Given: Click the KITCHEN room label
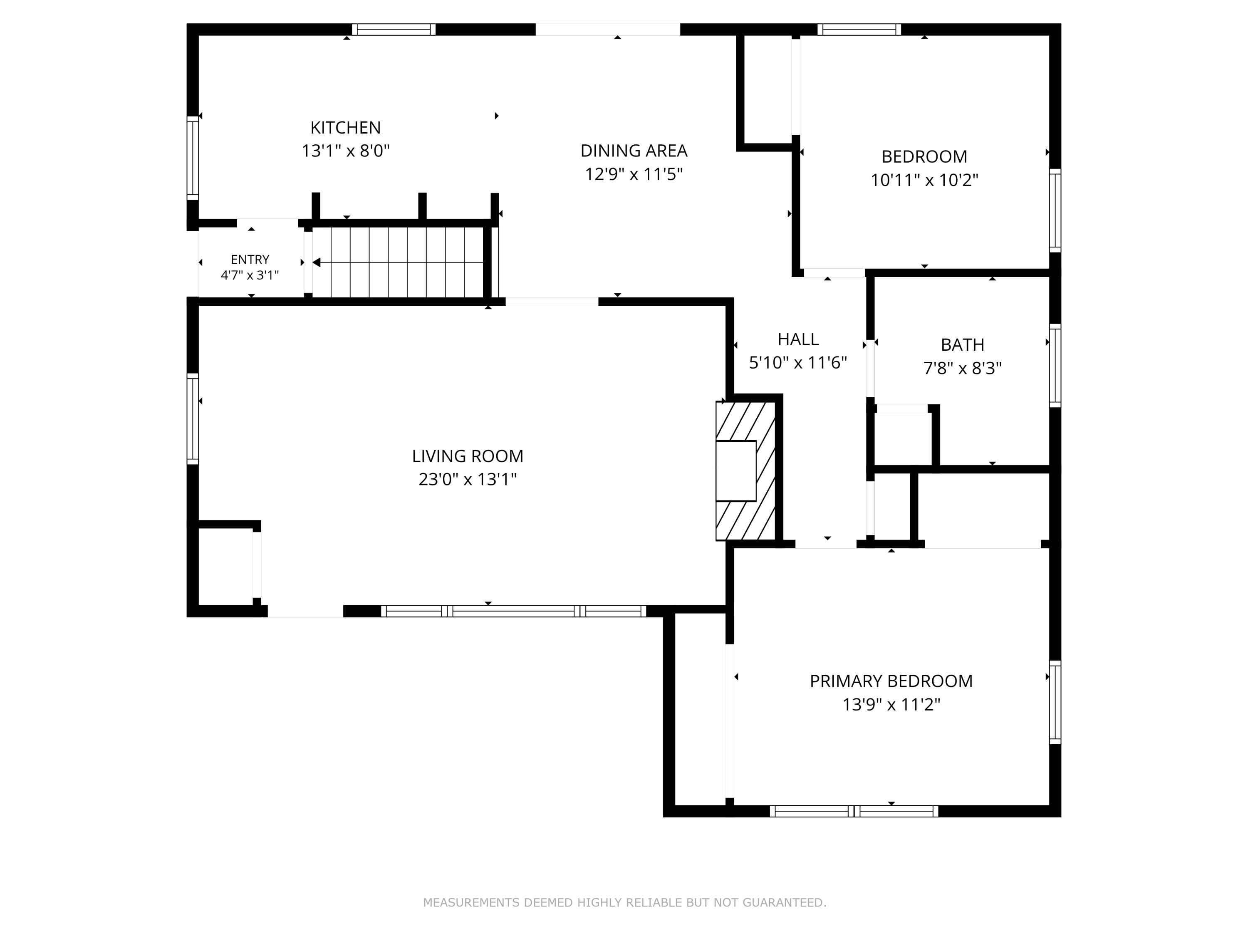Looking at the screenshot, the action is pos(345,128).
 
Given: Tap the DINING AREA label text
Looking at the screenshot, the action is pos(634,151).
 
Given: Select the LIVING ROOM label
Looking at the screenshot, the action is pos(467,456).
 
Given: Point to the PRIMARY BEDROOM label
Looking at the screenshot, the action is pos(891,681).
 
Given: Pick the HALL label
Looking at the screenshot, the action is pos(798,339).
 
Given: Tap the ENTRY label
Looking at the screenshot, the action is pos(250,260).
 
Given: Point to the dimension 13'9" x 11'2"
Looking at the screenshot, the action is pos(891,705).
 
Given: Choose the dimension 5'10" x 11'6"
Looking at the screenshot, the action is pos(798,363).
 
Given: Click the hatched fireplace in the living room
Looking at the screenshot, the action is pos(745,470).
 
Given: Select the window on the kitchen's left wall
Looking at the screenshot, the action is pos(193,158).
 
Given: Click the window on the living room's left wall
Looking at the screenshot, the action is pos(193,418).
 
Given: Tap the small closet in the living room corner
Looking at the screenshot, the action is pos(225,567).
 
